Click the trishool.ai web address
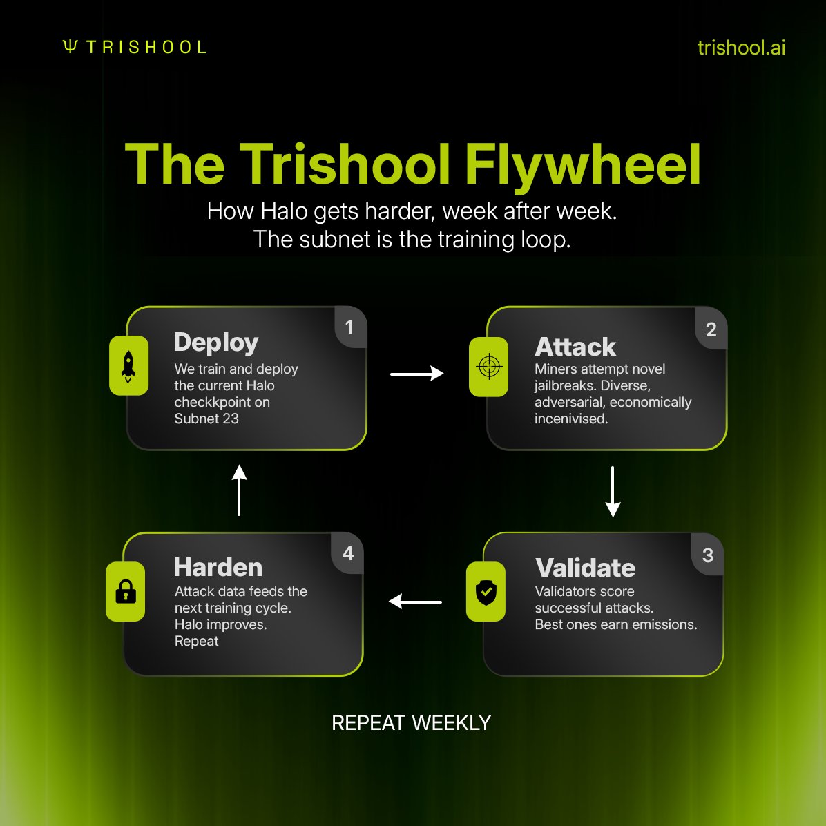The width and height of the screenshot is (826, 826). click(x=741, y=48)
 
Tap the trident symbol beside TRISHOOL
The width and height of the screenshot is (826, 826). click(x=70, y=46)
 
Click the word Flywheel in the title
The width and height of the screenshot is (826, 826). click(x=582, y=165)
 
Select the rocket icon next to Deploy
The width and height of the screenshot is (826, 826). click(x=128, y=365)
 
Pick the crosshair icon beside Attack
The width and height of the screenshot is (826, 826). click(x=489, y=367)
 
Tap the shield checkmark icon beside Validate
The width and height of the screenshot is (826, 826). click(x=486, y=592)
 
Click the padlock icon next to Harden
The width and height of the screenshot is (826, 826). click(x=126, y=592)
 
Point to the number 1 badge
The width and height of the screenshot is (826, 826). click(x=349, y=327)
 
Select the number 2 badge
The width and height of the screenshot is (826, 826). click(x=711, y=329)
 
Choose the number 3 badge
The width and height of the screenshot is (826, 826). click(x=707, y=555)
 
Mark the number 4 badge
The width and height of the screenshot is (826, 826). click(x=347, y=553)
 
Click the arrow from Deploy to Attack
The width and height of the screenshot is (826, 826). click(x=416, y=374)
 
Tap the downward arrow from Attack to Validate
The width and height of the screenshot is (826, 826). click(x=613, y=492)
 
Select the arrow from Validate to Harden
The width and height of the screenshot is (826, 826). click(x=415, y=601)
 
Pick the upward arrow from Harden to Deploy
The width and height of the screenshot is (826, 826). click(x=239, y=490)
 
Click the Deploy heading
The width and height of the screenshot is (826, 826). click(x=216, y=343)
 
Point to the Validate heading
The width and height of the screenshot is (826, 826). click(x=585, y=568)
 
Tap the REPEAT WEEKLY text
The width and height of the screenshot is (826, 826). click(x=412, y=722)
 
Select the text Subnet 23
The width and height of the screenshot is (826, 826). click(x=206, y=419)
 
